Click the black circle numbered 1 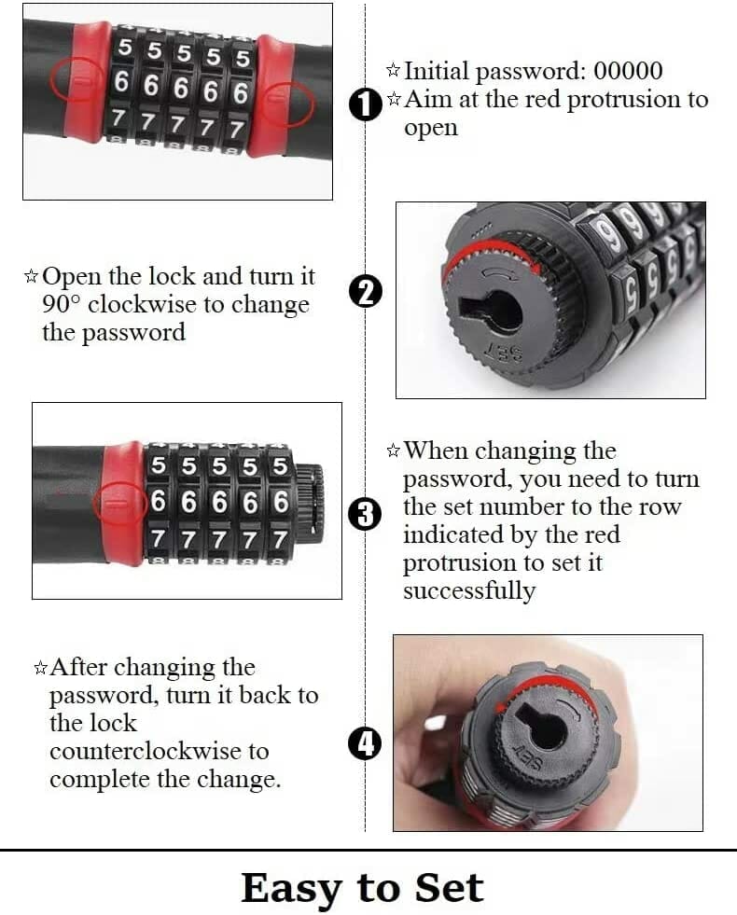[366, 104]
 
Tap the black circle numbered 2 [366, 292]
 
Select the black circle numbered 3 [366, 515]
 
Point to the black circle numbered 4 [366, 744]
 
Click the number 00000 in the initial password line [628, 71]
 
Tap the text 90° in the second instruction [61, 304]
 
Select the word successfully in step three [469, 591]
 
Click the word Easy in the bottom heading [289, 888]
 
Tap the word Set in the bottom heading [450, 888]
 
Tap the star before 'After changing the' [40, 668]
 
